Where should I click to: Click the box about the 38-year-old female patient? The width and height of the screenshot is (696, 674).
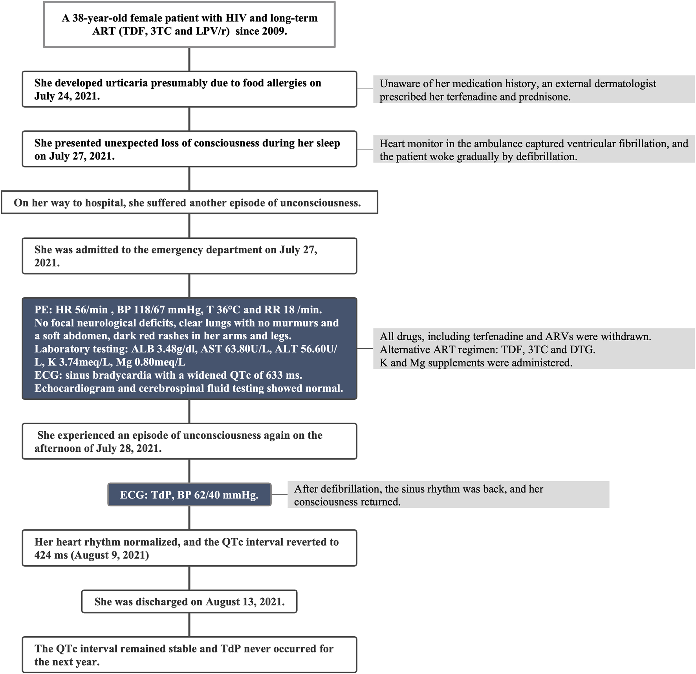pos(189,24)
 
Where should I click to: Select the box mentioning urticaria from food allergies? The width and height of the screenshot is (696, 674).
pos(189,89)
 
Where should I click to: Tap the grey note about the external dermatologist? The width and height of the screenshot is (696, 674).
pos(533,90)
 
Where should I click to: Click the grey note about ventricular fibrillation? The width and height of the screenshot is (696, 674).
pos(533,150)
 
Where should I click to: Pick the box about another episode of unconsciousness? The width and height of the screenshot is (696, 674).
pos(189,203)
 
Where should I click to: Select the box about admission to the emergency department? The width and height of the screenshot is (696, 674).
pos(189,256)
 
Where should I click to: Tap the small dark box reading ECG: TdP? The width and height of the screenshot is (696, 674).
pos(189,495)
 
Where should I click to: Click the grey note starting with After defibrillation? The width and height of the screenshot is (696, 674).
pos(448,495)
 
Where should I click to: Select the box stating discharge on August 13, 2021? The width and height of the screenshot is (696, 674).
pos(189,602)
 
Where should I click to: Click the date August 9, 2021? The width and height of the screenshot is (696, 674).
pos(111,555)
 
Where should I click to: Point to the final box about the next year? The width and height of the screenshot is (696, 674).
pos(189,655)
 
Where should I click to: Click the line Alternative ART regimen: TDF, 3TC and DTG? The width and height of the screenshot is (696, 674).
pos(487,350)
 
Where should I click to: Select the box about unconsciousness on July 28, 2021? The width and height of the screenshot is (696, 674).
pos(189,441)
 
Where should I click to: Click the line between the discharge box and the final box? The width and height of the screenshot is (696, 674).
pos(189,625)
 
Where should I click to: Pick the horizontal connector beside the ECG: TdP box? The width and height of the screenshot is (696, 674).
pos(279,495)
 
